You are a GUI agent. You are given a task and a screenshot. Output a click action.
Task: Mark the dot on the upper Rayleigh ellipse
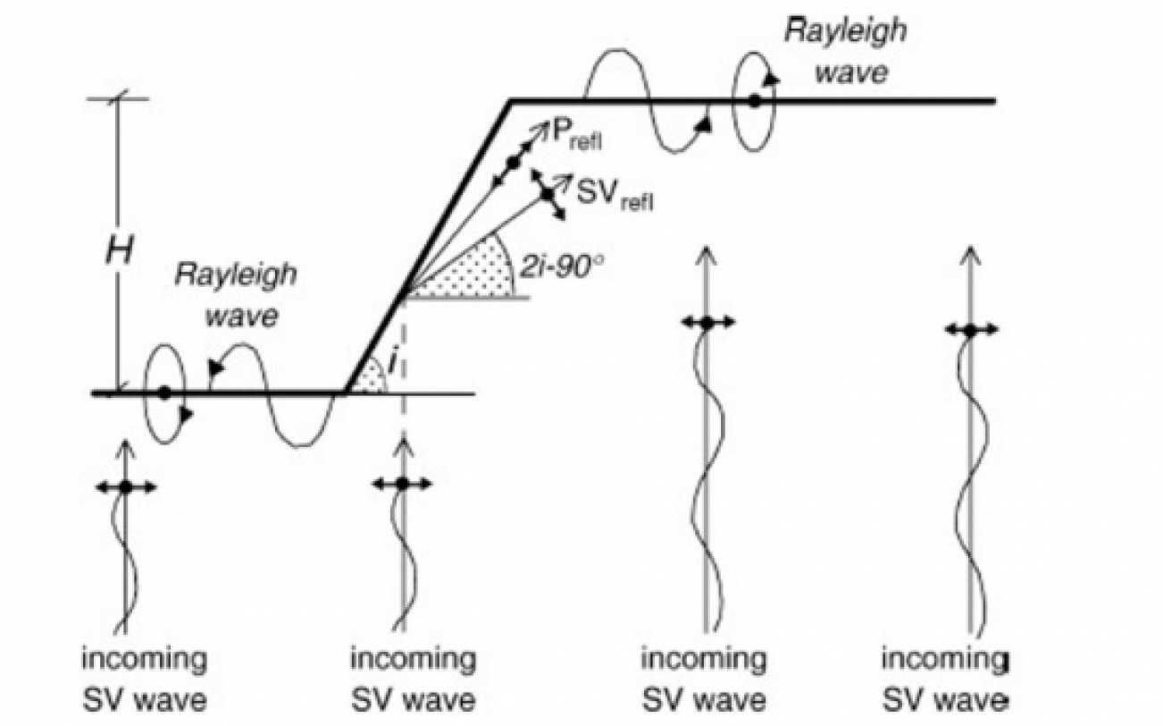pos(754,101)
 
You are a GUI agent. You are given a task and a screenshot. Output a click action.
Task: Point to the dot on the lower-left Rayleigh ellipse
pos(164,393)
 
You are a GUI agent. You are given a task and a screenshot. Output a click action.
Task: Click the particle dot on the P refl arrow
pos(513,162)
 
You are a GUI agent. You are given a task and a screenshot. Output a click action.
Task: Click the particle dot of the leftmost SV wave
pos(126,486)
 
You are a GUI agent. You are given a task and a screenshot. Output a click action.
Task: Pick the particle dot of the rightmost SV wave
pos(970,330)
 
